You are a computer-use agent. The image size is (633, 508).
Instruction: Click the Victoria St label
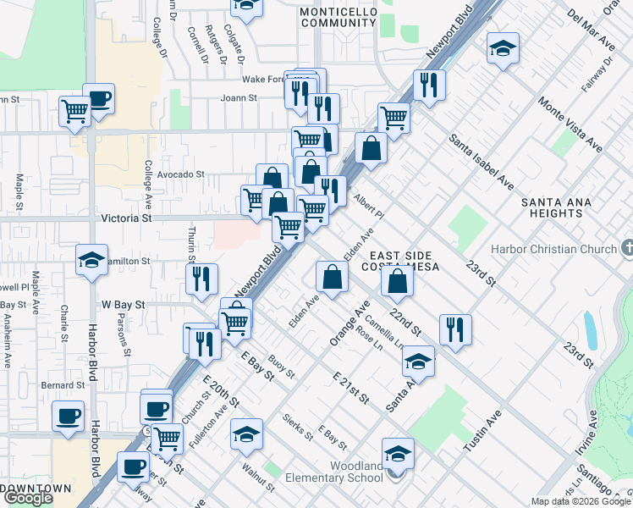coord(125,218)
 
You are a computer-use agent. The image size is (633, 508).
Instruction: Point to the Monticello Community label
coord(337,17)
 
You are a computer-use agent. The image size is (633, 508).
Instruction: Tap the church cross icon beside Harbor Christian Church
coord(626,249)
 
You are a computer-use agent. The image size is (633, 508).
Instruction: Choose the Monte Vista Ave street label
coord(570,123)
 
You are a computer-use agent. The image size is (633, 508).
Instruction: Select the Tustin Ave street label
coord(483,430)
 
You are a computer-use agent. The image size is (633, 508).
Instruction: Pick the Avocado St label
coord(181,174)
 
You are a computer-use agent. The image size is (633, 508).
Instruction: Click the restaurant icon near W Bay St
coord(201,279)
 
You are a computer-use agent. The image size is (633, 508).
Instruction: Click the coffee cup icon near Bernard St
coord(68,416)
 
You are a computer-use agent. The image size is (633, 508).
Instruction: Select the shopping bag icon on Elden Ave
coord(332,276)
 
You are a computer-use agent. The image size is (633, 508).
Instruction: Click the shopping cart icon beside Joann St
coord(74,110)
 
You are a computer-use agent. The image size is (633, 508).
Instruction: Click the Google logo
coord(27,499)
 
